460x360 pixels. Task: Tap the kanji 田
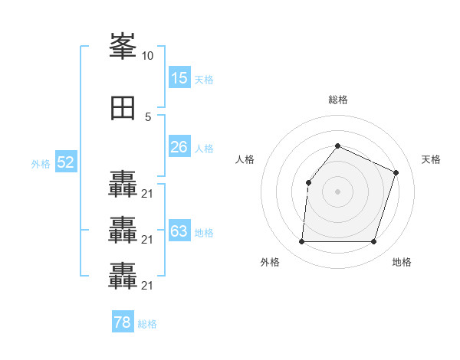(x=123, y=107)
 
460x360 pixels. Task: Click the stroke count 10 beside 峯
(x=148, y=56)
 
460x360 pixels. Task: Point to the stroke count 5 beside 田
(x=148, y=116)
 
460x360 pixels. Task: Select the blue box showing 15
(x=179, y=78)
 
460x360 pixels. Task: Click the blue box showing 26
(x=179, y=147)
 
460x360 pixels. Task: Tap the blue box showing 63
(x=179, y=231)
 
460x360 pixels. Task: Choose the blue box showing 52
(x=65, y=162)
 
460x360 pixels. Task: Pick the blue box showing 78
(x=122, y=322)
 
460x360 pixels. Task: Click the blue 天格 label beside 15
(x=203, y=79)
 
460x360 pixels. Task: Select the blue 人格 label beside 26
(x=203, y=148)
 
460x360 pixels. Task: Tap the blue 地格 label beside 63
(x=203, y=232)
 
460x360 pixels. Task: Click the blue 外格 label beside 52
(x=41, y=163)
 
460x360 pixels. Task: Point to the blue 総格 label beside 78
(x=147, y=324)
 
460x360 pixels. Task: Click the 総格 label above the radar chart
(x=337, y=100)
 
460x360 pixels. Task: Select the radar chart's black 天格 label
(x=431, y=159)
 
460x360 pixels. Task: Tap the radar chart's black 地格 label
(x=402, y=262)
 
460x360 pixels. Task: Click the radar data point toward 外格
(x=301, y=242)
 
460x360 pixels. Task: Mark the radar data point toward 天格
(x=396, y=172)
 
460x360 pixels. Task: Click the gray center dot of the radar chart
(x=337, y=191)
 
